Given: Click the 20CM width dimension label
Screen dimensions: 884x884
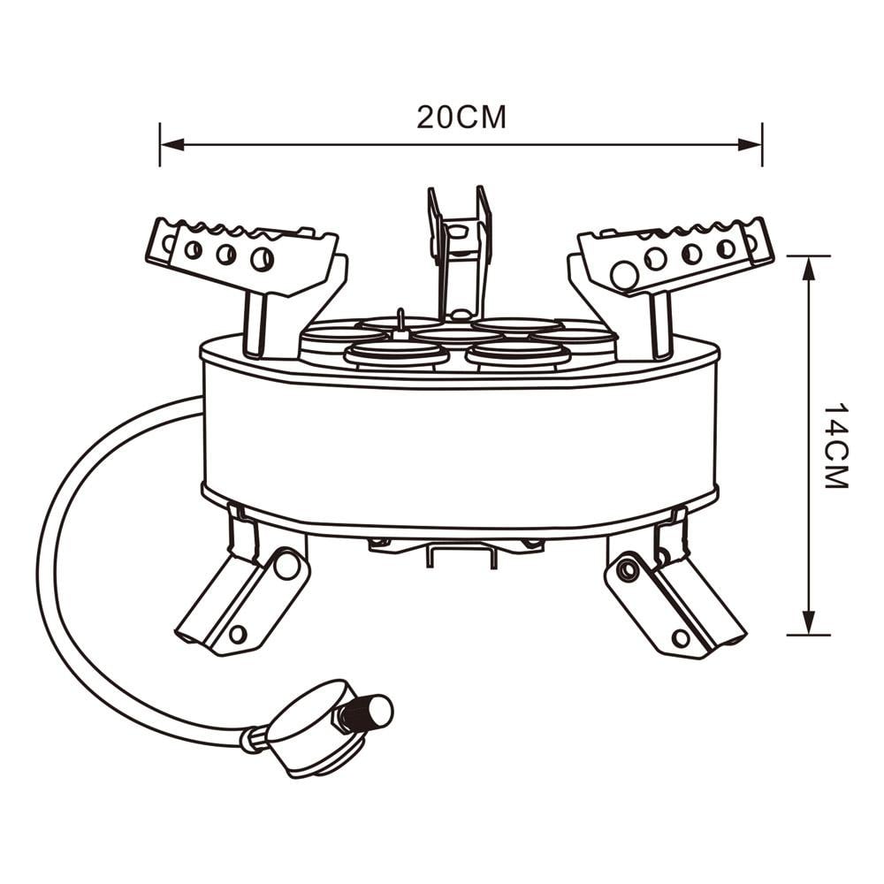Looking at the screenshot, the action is (461, 118).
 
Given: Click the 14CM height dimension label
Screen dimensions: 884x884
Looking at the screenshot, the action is (835, 446).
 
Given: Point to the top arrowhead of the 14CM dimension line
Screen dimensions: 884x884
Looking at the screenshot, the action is (809, 268).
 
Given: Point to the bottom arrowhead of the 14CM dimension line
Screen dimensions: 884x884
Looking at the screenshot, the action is (809, 622).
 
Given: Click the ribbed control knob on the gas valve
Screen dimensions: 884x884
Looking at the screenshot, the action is (367, 712).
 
